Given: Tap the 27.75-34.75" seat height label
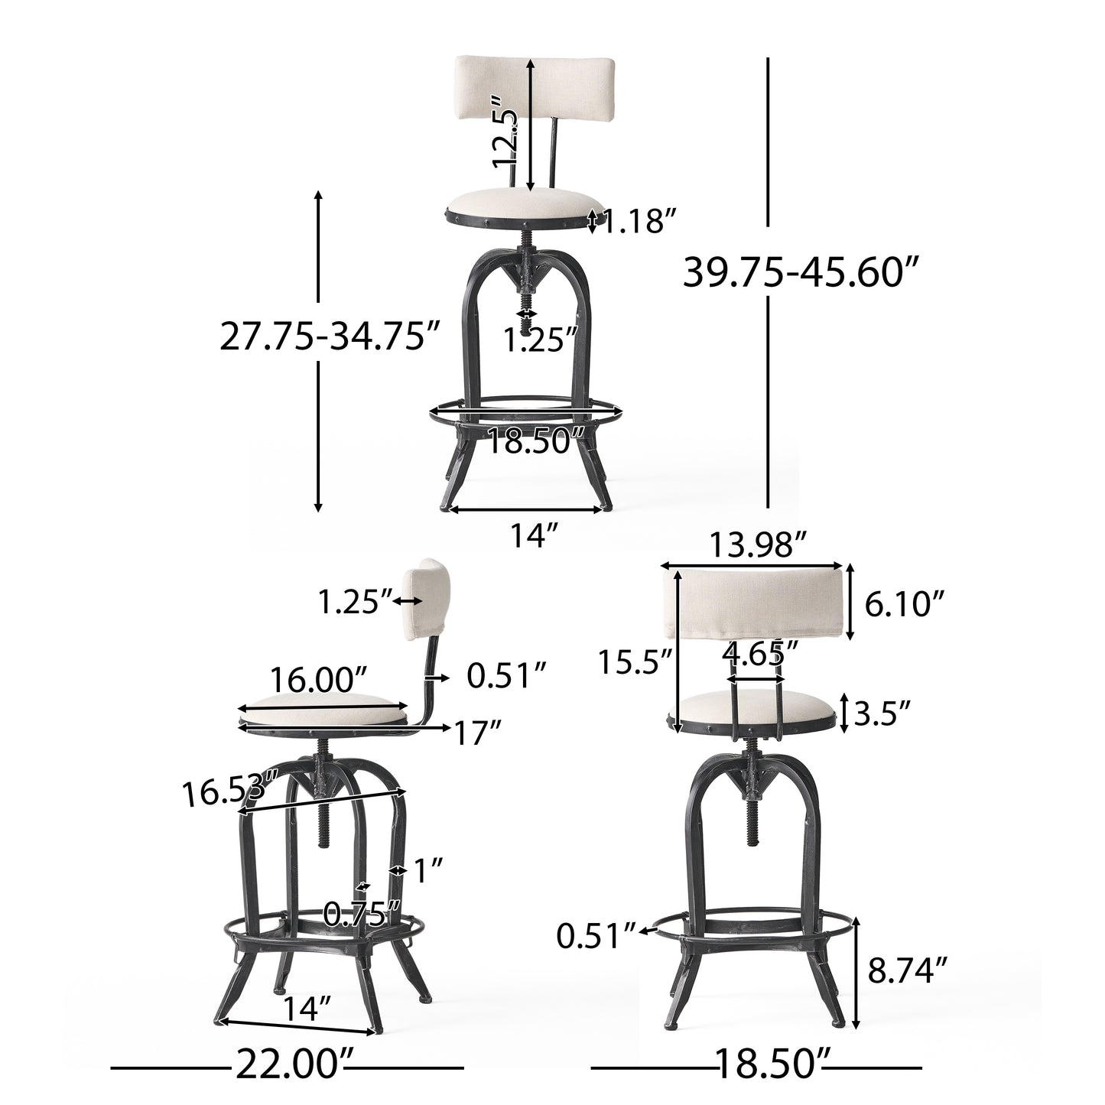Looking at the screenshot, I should (331, 336).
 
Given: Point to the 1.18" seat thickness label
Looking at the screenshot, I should (639, 222).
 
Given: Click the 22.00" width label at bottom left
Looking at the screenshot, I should (288, 1065).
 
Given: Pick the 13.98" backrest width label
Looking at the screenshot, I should (758, 546).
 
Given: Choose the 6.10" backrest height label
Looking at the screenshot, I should (900, 606).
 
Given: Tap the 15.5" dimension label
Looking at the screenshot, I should (634, 661).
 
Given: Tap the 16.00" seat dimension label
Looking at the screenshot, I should (318, 678).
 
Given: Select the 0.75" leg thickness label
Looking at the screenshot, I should (362, 912).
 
